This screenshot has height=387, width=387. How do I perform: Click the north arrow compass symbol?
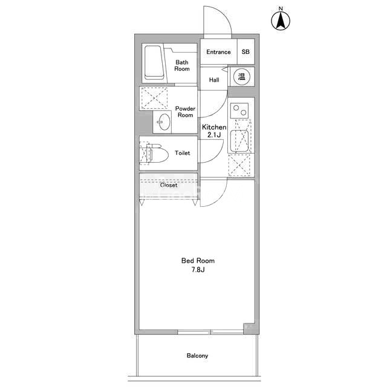pos(281,21)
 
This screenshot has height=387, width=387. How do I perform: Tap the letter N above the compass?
pos(281,8)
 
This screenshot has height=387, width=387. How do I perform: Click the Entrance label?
pos(218,52)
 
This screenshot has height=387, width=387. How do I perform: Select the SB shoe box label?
pos(246,52)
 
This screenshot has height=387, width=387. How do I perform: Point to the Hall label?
pos(214,80)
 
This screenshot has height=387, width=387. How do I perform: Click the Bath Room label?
pos(182,65)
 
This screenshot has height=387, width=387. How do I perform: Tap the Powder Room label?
pos(185,112)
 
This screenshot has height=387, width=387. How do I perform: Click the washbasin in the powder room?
pos(162,123)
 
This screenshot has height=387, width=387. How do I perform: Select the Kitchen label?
pos(213,128)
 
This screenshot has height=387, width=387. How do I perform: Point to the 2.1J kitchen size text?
pos(213,135)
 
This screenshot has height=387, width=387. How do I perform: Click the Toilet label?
pos(182,153)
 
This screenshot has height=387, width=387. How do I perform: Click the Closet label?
pos(169,185)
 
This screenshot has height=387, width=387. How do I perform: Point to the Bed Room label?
pos(198,261)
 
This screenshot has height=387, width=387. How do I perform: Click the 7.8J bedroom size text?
pos(198,270)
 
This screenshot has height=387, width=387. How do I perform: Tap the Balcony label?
pos(197,356)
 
